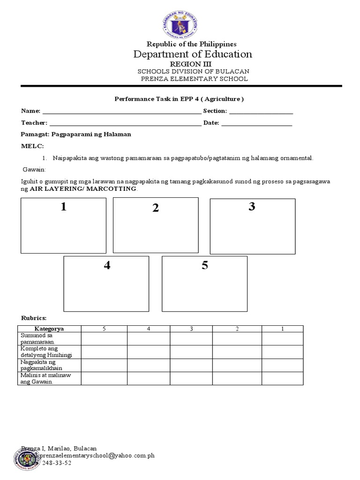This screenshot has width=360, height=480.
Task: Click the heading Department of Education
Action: [193, 54]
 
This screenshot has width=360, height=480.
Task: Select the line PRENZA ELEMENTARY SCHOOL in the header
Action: [195, 79]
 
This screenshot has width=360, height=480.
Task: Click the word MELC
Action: [31, 146]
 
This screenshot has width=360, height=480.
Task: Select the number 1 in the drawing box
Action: [63, 207]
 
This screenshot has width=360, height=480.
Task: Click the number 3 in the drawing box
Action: [252, 207]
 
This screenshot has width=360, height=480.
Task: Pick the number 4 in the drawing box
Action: [107, 266]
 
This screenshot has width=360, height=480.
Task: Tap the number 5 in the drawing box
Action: [205, 266]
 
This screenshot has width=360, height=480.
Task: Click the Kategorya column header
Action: [49, 329]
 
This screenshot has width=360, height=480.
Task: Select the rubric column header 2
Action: [237, 329]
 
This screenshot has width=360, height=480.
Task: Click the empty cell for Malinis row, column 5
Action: [104, 378]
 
